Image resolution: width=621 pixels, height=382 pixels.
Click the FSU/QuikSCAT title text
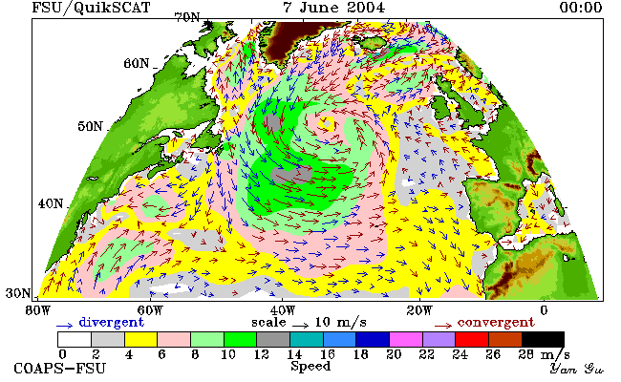[91, 8]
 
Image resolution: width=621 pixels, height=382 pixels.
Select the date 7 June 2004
[333, 8]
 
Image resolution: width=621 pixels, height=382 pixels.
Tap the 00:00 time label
[581, 8]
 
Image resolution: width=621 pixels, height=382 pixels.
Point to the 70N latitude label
[187, 18]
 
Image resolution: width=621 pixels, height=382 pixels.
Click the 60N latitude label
[137, 63]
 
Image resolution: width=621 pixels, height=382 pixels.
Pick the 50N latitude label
[91, 127]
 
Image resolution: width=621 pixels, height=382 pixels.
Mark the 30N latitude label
[18, 293]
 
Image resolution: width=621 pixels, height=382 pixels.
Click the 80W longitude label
[37, 310]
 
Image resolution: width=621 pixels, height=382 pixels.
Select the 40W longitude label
[283, 310]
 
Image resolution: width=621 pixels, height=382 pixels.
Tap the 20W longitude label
[419, 310]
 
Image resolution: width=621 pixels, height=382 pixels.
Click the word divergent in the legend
[111, 322]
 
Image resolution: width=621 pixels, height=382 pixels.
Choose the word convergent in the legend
[496, 322]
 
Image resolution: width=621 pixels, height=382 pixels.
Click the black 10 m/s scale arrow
[301, 326]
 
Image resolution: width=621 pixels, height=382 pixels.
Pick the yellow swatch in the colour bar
[140, 340]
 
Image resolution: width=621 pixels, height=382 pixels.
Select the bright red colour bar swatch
[472, 340]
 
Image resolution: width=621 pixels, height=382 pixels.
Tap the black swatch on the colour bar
[543, 340]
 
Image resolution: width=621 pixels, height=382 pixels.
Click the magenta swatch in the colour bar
[405, 340]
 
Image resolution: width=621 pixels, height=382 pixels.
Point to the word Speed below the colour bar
[310, 366]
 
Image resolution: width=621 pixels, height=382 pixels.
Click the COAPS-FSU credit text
[60, 369]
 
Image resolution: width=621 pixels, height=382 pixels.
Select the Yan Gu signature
[577, 369]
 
